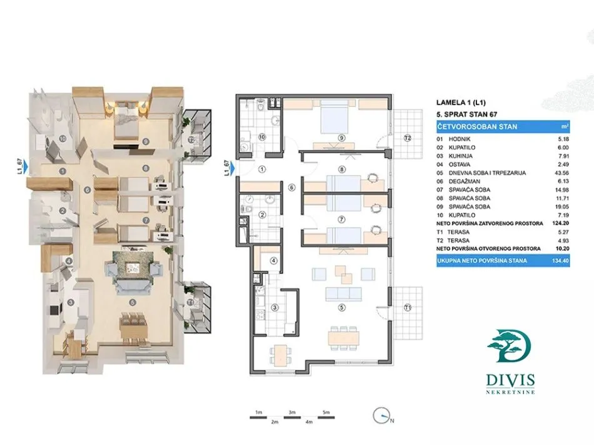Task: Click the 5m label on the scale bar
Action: pyautogui.click(x=326, y=413)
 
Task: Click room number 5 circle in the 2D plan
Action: pyautogui.click(x=341, y=307)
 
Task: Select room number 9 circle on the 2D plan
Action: pyautogui.click(x=341, y=138)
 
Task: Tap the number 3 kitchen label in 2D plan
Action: pyautogui.click(x=274, y=307)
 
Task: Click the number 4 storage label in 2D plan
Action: pyautogui.click(x=273, y=261)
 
